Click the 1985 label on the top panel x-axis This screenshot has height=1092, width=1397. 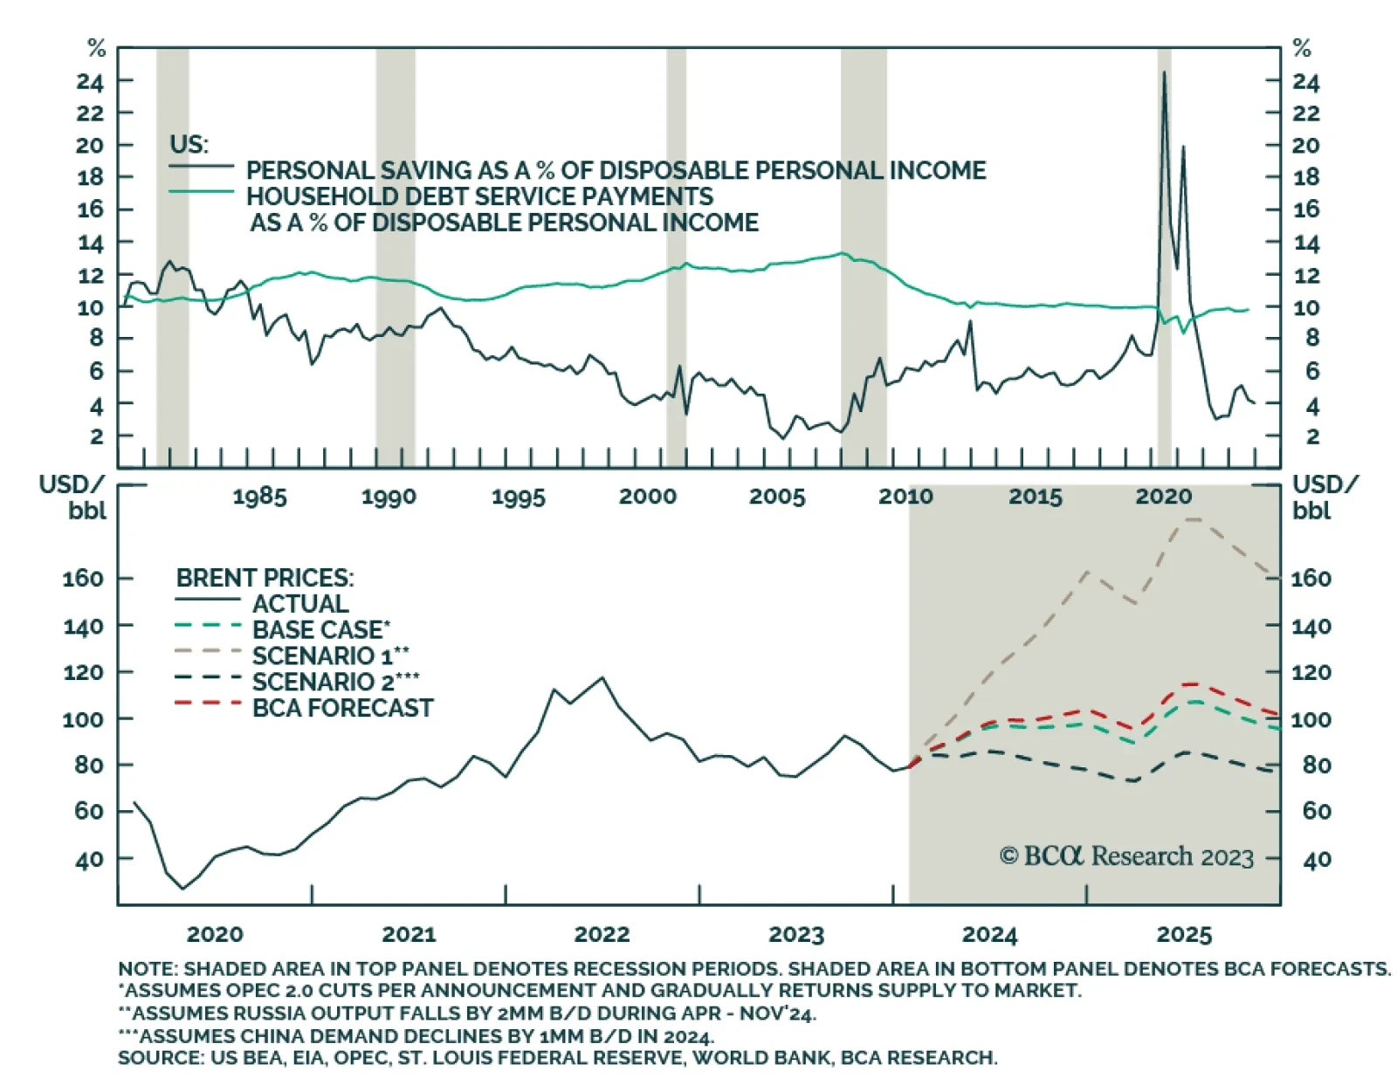point(259,497)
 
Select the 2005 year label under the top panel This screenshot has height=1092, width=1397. point(776,497)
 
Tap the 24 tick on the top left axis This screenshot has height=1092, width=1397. point(90,82)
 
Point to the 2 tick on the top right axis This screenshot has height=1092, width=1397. point(1311,436)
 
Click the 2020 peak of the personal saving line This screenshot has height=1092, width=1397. point(1163,73)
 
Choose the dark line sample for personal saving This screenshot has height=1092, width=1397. point(202,166)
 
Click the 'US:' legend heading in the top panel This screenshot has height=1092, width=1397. point(189,143)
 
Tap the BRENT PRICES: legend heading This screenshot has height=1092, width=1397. point(265,578)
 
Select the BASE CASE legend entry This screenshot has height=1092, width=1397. point(320,629)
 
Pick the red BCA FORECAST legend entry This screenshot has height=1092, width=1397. point(342,708)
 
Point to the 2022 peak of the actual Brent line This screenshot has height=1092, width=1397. point(602,677)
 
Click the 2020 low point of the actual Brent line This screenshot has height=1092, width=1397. point(182,889)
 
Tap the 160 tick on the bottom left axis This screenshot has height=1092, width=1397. point(83,578)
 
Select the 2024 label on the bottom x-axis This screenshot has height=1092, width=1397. point(989,935)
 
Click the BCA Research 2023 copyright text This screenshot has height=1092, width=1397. point(1126,856)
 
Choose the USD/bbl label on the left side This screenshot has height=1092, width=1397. point(72,497)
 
